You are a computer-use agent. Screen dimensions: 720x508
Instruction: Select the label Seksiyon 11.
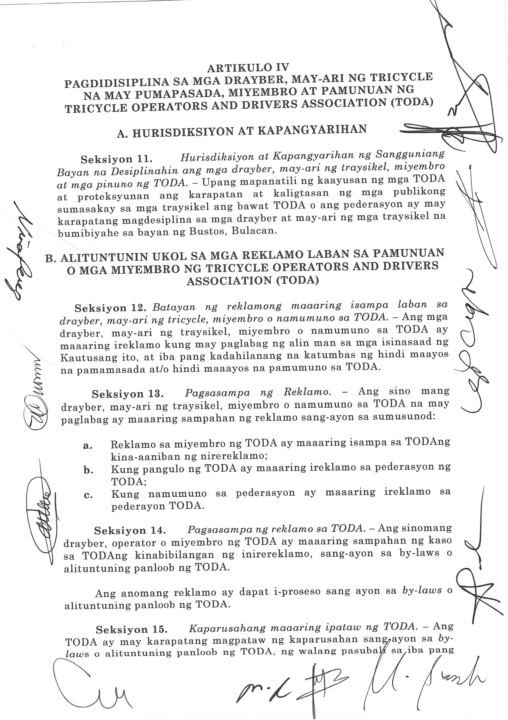coord(116,159)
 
